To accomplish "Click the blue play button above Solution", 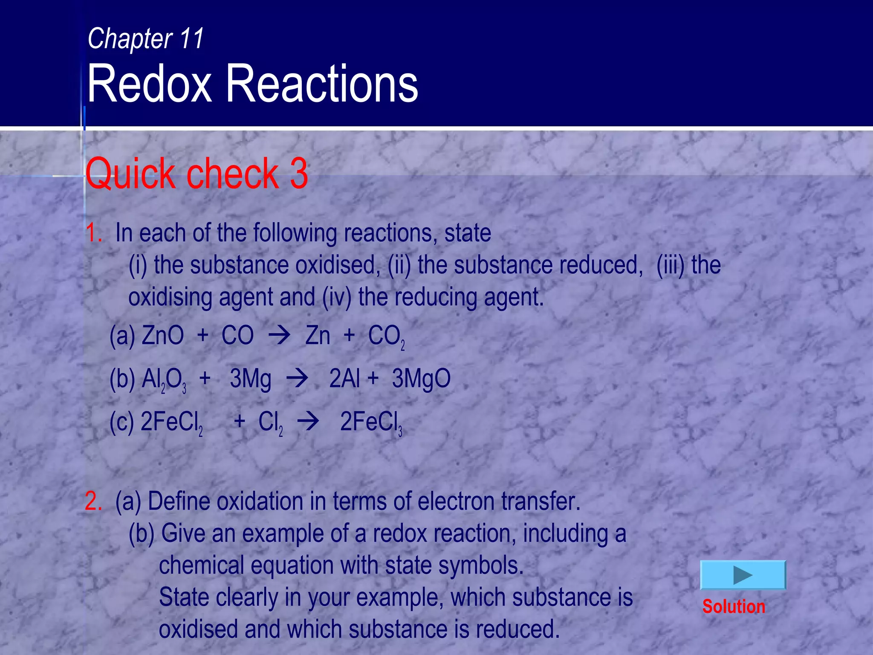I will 743,575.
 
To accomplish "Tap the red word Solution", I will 734,606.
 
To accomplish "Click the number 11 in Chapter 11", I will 192,38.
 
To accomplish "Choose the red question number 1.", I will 93,233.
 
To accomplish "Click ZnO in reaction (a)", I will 163,335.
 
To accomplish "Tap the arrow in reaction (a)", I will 279,335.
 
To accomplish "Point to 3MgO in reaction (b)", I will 421,378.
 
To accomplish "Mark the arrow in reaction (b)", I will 297,378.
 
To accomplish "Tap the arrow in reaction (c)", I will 308,422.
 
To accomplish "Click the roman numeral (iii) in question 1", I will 671,265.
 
